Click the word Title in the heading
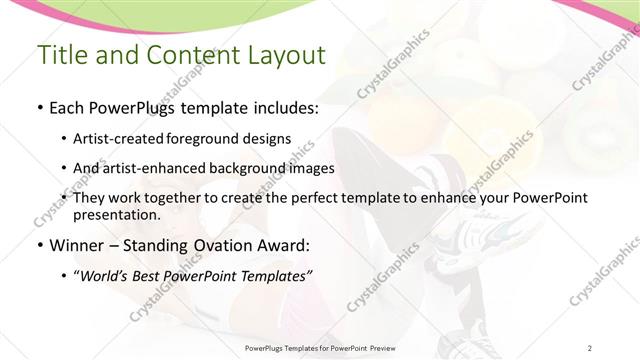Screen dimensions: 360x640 tap(63, 56)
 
